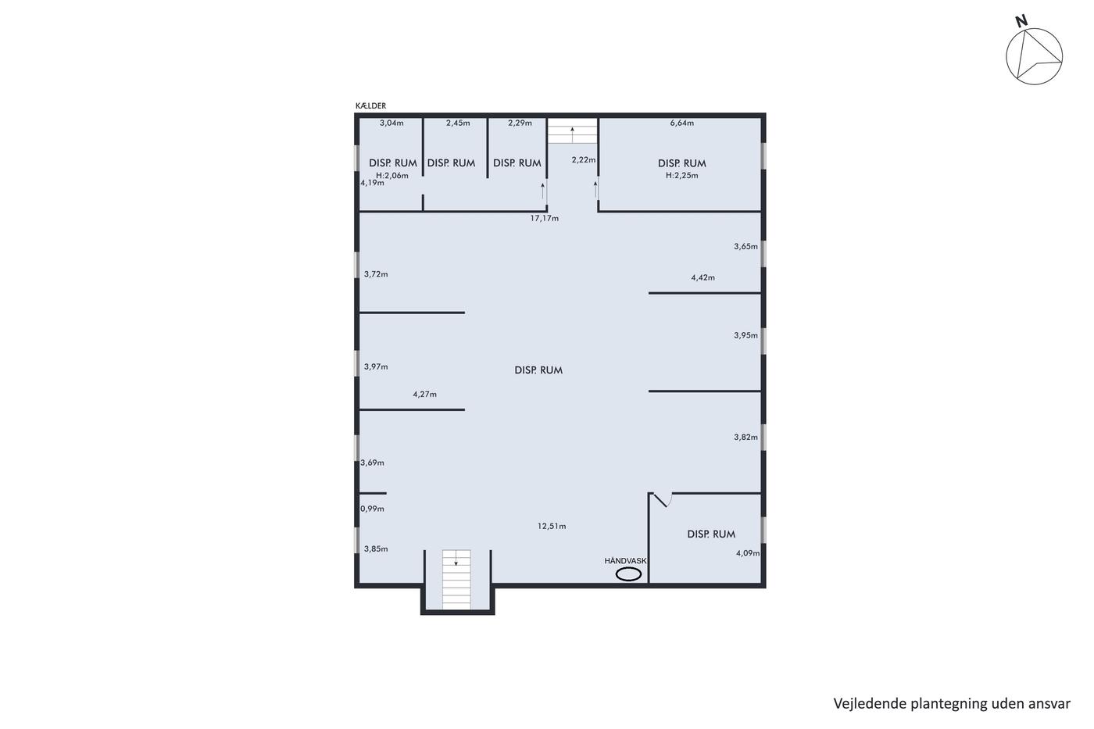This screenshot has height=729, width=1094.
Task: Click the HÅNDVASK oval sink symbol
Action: pyautogui.click(x=628, y=575)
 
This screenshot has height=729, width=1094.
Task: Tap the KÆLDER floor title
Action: pyautogui.click(x=370, y=106)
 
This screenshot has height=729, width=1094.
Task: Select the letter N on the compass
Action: pyautogui.click(x=1021, y=21)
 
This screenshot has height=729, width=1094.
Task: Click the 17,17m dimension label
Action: pyautogui.click(x=545, y=218)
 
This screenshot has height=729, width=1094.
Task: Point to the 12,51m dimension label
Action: pyautogui.click(x=552, y=527)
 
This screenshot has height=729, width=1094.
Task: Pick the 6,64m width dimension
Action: pyautogui.click(x=681, y=123)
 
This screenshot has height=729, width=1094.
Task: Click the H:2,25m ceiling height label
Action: pyautogui.click(x=681, y=175)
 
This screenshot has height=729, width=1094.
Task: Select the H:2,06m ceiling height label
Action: pyautogui.click(x=392, y=175)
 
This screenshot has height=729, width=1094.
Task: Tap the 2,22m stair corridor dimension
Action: pyautogui.click(x=584, y=159)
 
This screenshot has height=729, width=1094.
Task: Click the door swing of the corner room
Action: pyautogui.click(x=663, y=500)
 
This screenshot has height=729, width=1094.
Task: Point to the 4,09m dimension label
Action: pyautogui.click(x=748, y=553)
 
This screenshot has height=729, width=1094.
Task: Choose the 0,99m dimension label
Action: pyautogui.click(x=372, y=509)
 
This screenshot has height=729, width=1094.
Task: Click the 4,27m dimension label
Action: pyautogui.click(x=425, y=395)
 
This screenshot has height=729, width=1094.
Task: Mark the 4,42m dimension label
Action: pyautogui.click(x=703, y=278)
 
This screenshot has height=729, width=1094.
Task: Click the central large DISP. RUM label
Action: pyautogui.click(x=538, y=370)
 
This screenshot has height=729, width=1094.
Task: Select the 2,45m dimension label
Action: pyautogui.click(x=458, y=123)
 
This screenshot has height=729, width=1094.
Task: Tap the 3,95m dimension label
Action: pyautogui.click(x=745, y=335)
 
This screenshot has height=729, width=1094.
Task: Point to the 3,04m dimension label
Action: pyautogui.click(x=391, y=123)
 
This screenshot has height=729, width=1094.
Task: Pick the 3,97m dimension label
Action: pyautogui.click(x=376, y=366)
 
